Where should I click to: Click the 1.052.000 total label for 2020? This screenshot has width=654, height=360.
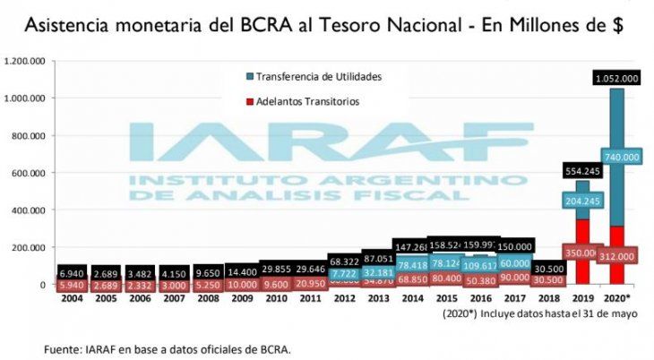(615, 79)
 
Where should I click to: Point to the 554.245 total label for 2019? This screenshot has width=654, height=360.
(581, 170)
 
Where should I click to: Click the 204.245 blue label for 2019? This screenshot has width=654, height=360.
(581, 201)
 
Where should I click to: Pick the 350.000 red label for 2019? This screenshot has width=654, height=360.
(581, 253)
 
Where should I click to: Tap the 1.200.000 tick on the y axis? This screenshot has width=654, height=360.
(26, 61)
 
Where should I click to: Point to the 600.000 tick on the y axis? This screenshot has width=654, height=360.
(30, 173)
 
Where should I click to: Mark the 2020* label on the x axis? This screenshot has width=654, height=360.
(616, 298)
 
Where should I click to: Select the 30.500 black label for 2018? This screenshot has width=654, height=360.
(546, 268)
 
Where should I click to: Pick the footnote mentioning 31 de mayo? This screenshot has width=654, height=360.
(536, 314)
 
